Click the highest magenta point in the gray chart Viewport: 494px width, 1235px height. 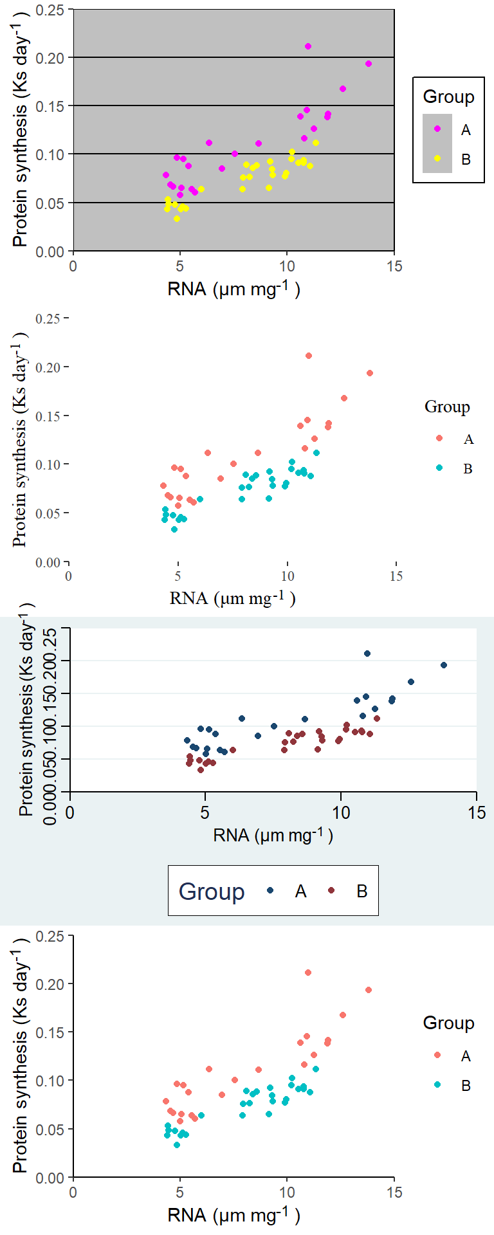point(308,46)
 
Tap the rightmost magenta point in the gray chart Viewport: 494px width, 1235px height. point(369,64)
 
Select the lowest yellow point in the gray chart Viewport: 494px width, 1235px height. point(177,219)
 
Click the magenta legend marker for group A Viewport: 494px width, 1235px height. point(437,129)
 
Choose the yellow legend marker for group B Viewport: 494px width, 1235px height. point(437,158)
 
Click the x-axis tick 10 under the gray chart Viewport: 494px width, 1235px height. point(287,266)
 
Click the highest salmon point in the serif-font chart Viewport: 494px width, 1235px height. point(309,356)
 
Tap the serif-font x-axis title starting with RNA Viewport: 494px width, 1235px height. point(232,598)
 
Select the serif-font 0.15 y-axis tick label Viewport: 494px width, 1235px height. point(48,416)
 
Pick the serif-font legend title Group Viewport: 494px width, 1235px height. point(447,407)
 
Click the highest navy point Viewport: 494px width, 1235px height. point(367,654)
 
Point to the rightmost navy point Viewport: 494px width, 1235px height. point(444,665)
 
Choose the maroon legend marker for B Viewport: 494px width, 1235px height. point(332,891)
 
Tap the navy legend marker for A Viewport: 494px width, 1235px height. point(271,891)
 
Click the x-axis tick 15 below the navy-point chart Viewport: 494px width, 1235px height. point(477,812)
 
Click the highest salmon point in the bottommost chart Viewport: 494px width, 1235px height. point(308,973)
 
